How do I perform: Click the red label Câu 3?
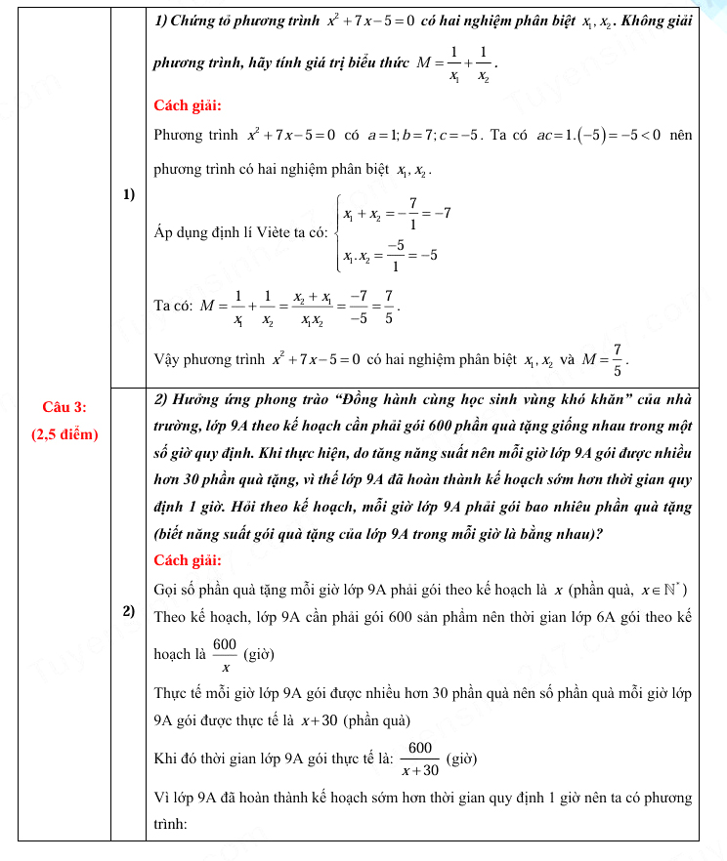pos(65,406)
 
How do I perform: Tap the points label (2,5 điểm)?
pos(65,433)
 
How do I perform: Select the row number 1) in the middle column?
pos(129,194)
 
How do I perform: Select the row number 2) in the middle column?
pos(129,612)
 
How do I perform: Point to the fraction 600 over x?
pos(225,654)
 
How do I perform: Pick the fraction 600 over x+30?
pos(421,758)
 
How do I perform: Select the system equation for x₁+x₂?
pos(395,212)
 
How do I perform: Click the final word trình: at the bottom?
pos(172,824)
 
